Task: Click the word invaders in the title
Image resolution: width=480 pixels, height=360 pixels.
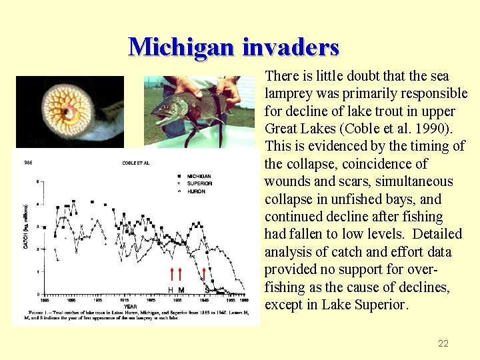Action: [x=291, y=47]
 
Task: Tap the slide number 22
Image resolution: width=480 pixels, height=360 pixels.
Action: [x=443, y=343]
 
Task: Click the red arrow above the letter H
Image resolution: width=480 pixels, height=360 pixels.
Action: [x=171, y=274]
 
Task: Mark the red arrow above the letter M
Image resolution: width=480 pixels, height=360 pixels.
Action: [x=180, y=274]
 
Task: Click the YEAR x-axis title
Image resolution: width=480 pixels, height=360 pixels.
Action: [x=131, y=307]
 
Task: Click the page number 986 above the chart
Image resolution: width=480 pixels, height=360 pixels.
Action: [x=27, y=163]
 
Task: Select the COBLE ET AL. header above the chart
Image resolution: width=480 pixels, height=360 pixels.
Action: [x=135, y=163]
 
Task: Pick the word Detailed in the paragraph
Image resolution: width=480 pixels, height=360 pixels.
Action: [x=437, y=234]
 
